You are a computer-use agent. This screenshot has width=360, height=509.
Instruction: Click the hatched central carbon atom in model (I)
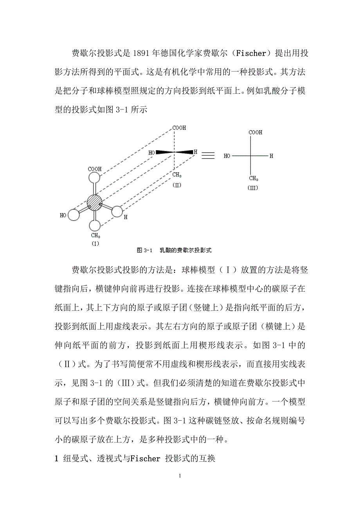(94, 203)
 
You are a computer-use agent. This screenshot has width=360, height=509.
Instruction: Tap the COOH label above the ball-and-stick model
(95, 169)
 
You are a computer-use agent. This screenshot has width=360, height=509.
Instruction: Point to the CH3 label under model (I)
(95, 235)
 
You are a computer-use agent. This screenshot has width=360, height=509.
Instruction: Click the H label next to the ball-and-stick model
(125, 217)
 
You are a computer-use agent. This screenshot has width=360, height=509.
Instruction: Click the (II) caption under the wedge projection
(177, 185)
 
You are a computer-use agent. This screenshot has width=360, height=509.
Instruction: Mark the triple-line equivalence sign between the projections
(208, 156)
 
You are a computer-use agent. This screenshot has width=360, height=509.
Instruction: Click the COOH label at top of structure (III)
(256, 133)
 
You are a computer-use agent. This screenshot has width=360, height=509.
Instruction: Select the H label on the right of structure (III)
(271, 156)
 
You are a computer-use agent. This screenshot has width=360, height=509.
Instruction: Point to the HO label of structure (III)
(227, 156)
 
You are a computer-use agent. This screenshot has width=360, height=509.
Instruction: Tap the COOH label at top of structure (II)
(179, 128)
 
